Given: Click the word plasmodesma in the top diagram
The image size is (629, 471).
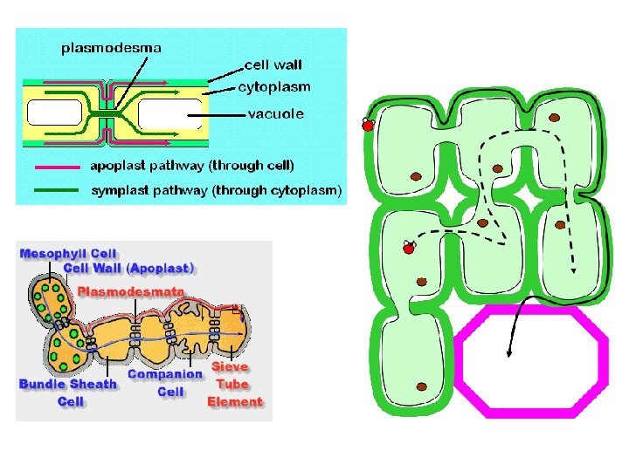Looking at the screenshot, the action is click(111, 48).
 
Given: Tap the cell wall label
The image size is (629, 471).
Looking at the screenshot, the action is click(273, 65).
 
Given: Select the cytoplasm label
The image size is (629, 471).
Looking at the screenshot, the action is click(273, 87).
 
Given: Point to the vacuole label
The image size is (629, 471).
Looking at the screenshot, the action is click(276, 113).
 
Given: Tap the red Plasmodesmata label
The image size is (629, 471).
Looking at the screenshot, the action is click(132, 290).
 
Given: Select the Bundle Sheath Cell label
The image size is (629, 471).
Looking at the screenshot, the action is click(68, 392).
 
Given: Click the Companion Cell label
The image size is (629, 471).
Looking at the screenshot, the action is click(165, 383).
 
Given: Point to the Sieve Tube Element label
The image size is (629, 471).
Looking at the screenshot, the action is click(234, 385).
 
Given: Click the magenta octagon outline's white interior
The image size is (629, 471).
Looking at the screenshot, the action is click(532, 357).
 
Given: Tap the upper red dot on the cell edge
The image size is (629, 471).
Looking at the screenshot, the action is click(368, 126).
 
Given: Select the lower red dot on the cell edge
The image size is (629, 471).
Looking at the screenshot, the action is click(408, 249).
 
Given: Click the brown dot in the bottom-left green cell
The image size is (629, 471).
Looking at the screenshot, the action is click(421, 386).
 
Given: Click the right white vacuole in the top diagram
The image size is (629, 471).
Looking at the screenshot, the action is click(169, 113).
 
